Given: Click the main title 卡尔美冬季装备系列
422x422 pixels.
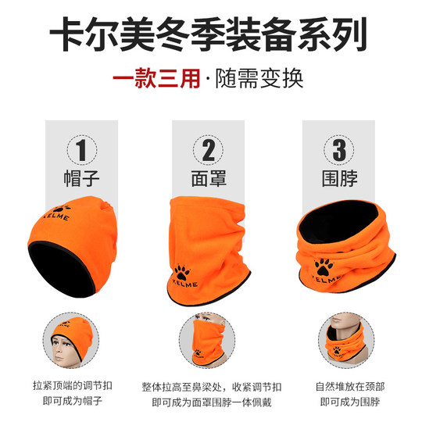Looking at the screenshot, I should click(x=211, y=36).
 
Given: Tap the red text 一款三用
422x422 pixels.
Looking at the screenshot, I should click(x=155, y=79).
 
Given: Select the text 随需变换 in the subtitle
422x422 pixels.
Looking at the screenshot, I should click(x=257, y=79).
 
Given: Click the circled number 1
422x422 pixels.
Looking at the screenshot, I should click(x=81, y=148).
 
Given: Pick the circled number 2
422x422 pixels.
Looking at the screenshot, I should click(x=209, y=148).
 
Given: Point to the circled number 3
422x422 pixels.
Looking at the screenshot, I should click(x=339, y=148).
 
